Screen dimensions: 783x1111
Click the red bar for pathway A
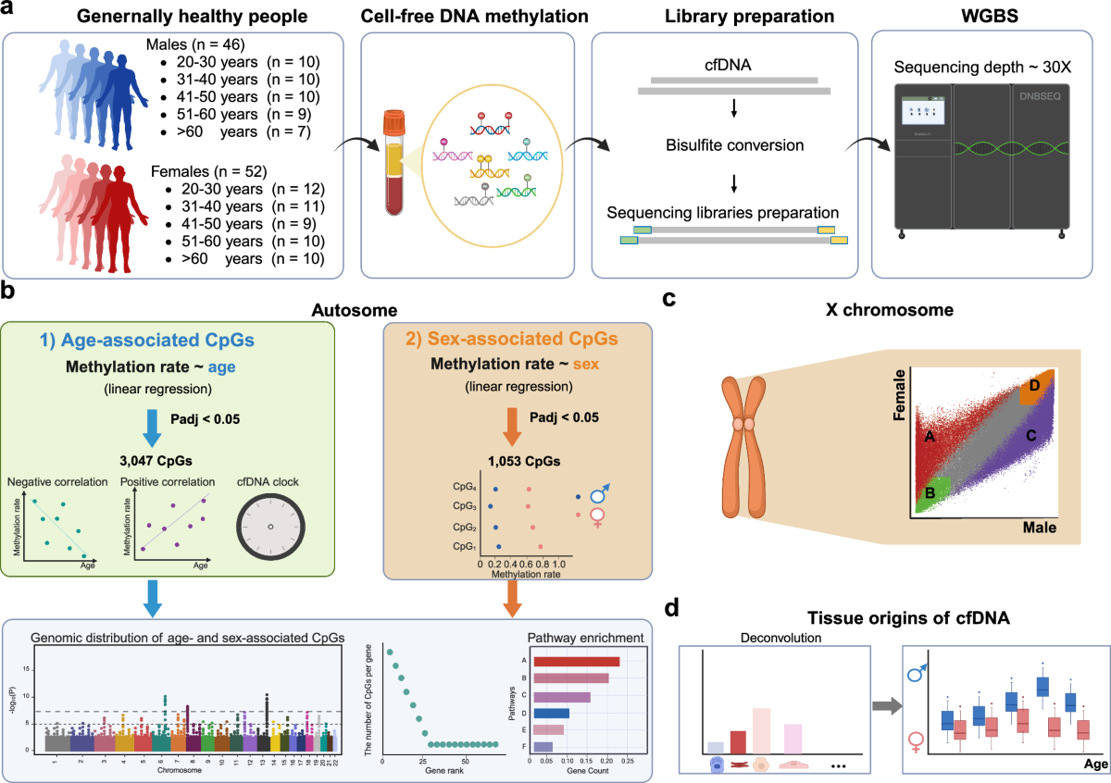click(x=575, y=661)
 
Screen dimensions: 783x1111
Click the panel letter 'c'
click(x=669, y=298)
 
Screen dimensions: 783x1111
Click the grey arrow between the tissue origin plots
click(x=885, y=708)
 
